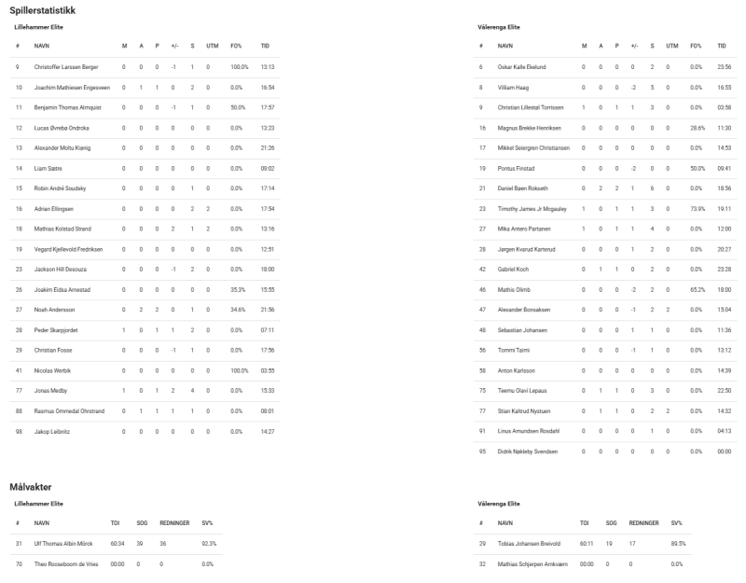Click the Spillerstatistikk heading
point(43,10)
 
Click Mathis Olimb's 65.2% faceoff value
point(697,289)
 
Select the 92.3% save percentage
point(210,544)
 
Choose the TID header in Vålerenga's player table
point(722,45)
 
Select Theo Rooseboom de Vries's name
point(73,564)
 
